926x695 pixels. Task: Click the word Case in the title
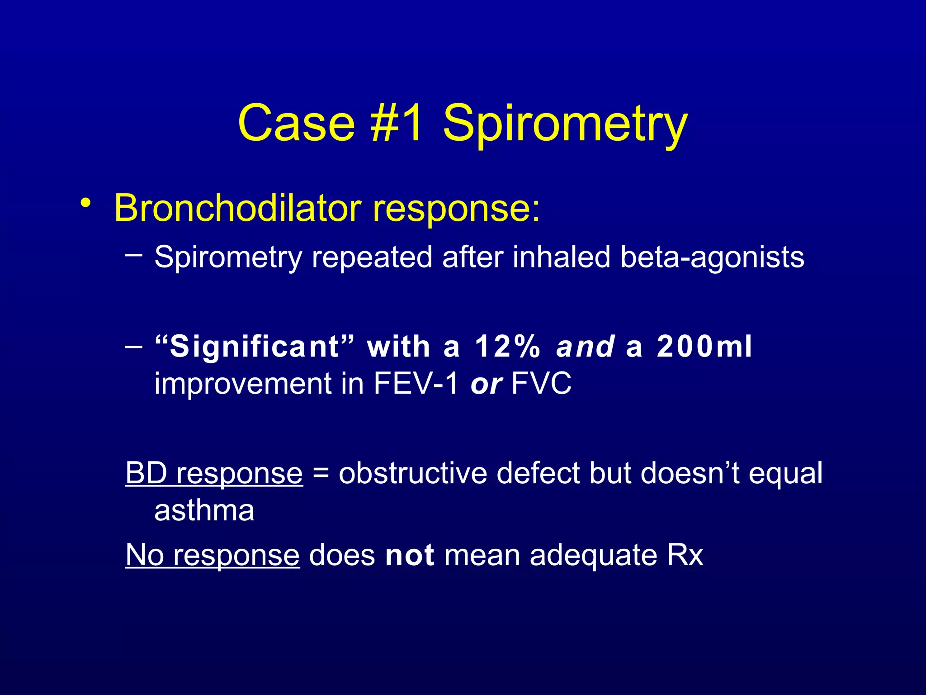(296, 123)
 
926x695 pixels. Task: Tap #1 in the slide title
(397, 123)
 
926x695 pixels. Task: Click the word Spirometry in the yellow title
(565, 124)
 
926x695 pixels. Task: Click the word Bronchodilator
(237, 208)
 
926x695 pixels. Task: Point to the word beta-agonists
(712, 257)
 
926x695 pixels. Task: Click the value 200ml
(704, 347)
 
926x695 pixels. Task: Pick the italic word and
(585, 347)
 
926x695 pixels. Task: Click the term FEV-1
(416, 384)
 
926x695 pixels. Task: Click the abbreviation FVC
(541, 384)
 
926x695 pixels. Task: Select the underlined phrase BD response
(214, 474)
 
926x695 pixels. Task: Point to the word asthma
(204, 511)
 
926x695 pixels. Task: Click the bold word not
(409, 555)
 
